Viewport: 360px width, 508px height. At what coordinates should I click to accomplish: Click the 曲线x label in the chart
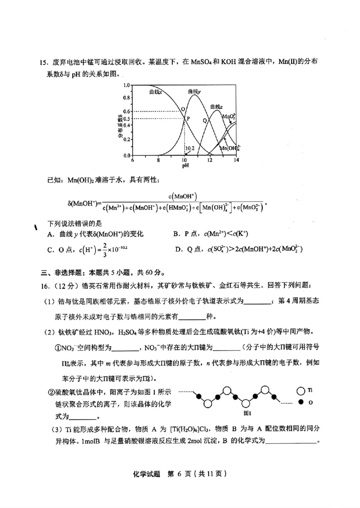click(x=156, y=92)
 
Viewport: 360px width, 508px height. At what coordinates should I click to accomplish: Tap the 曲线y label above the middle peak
click(x=194, y=91)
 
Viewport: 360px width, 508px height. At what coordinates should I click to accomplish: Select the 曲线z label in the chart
click(x=216, y=107)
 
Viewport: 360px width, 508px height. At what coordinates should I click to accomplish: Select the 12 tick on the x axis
click(x=210, y=160)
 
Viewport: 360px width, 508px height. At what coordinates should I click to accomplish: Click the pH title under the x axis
click(x=185, y=165)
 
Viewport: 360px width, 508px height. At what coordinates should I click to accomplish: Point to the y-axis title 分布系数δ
click(x=121, y=126)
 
